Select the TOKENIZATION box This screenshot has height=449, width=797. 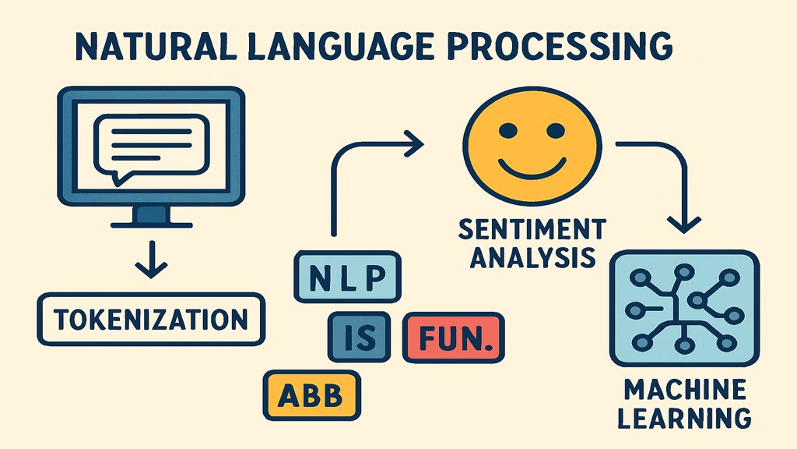tap(151, 319)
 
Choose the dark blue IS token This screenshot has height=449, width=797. tap(359, 338)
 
